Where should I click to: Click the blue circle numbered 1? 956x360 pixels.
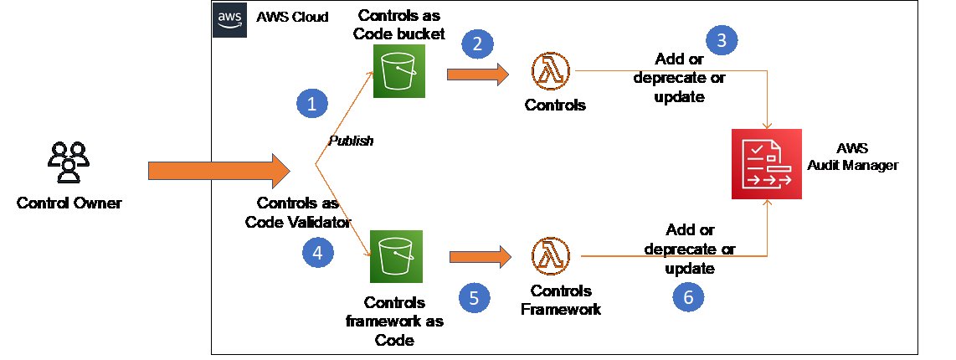tap(312, 105)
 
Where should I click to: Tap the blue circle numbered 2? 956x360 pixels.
tap(477, 44)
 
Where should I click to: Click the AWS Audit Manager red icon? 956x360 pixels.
tap(766, 164)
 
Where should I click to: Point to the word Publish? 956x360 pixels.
tap(350, 141)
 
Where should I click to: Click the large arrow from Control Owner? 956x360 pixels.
tap(218, 171)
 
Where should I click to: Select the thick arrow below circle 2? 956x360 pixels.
tap(478, 74)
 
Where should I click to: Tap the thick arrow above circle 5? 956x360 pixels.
tap(480, 258)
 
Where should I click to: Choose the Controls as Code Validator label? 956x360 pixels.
tap(297, 211)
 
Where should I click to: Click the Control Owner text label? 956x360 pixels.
tap(68, 203)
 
